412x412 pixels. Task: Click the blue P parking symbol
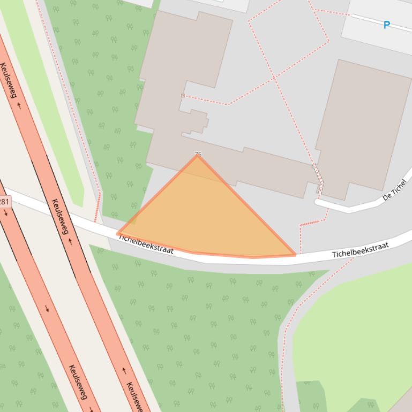tap(386, 25)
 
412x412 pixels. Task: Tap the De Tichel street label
tap(395, 190)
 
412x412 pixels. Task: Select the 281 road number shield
tap(4, 202)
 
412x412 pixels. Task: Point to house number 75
tap(198, 154)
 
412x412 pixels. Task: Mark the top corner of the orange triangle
tap(198, 156)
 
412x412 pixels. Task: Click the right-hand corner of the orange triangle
tap(295, 255)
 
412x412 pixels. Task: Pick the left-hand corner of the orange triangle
tap(118, 233)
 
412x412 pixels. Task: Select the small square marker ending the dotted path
tap(183, 96)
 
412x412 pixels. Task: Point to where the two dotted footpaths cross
tap(274, 77)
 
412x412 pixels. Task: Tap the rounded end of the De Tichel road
tap(318, 203)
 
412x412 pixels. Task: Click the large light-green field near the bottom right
tap(354, 332)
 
